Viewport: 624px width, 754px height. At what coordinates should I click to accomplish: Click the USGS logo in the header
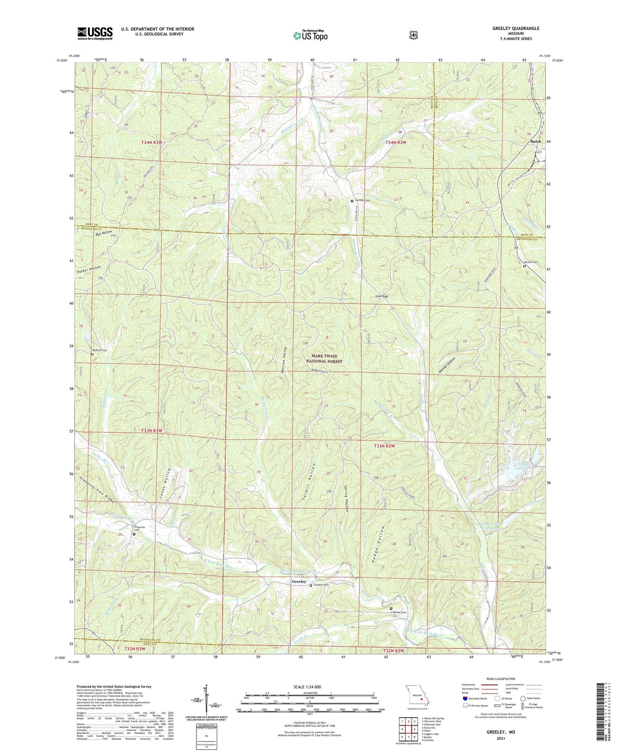(x=95, y=33)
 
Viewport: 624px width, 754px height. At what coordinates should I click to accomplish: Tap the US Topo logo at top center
(x=310, y=35)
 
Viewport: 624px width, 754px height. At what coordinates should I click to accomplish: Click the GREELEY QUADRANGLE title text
(x=516, y=29)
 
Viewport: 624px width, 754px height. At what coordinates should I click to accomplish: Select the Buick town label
(x=535, y=142)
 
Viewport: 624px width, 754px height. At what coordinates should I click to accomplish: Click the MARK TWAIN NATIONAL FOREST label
(x=324, y=358)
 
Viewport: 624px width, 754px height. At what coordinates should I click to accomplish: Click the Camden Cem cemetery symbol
(x=352, y=201)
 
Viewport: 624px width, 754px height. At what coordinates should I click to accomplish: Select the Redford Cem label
(x=99, y=350)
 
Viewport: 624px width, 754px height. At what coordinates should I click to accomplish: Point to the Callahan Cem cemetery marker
(x=391, y=608)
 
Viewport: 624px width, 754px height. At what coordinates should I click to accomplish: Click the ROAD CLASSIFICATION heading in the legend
(x=501, y=679)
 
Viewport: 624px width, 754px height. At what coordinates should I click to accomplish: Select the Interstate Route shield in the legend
(x=465, y=698)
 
